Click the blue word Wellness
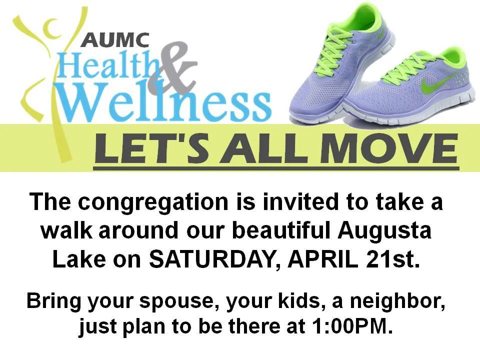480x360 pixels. pos(164,102)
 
